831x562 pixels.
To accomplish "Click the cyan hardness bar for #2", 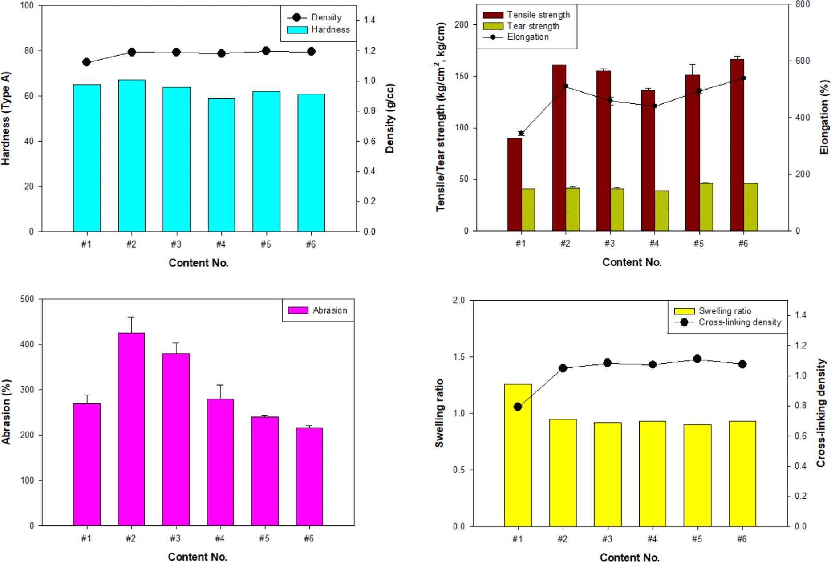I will (x=132, y=156).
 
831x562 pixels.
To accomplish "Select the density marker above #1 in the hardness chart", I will (x=87, y=62).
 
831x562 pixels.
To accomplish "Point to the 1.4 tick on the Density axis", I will (x=369, y=20).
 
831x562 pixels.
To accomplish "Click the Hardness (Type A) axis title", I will (x=6, y=118).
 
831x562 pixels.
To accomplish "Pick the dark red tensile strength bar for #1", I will (x=515, y=184).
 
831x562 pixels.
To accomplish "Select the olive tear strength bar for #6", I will (x=751, y=207).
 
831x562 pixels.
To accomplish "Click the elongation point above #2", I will (x=565, y=86).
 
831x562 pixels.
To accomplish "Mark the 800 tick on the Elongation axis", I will (x=803, y=4).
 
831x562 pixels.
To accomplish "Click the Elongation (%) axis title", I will (x=824, y=117).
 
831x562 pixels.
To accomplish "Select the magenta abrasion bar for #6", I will (x=309, y=476).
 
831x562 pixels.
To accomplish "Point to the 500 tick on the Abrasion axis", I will (x=27, y=299).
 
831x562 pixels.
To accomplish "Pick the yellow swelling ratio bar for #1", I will (x=518, y=455).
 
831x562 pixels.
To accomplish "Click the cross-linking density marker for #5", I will (x=697, y=359).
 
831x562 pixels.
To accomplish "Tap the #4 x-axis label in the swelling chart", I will (x=652, y=539).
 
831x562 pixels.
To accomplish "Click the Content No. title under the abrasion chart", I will (x=198, y=557).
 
